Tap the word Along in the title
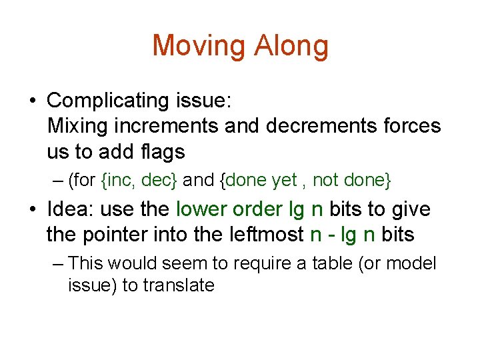(291, 46)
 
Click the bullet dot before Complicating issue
(32, 101)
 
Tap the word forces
(412, 126)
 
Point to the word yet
(284, 180)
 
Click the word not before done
(325, 180)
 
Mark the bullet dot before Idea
(32, 210)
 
